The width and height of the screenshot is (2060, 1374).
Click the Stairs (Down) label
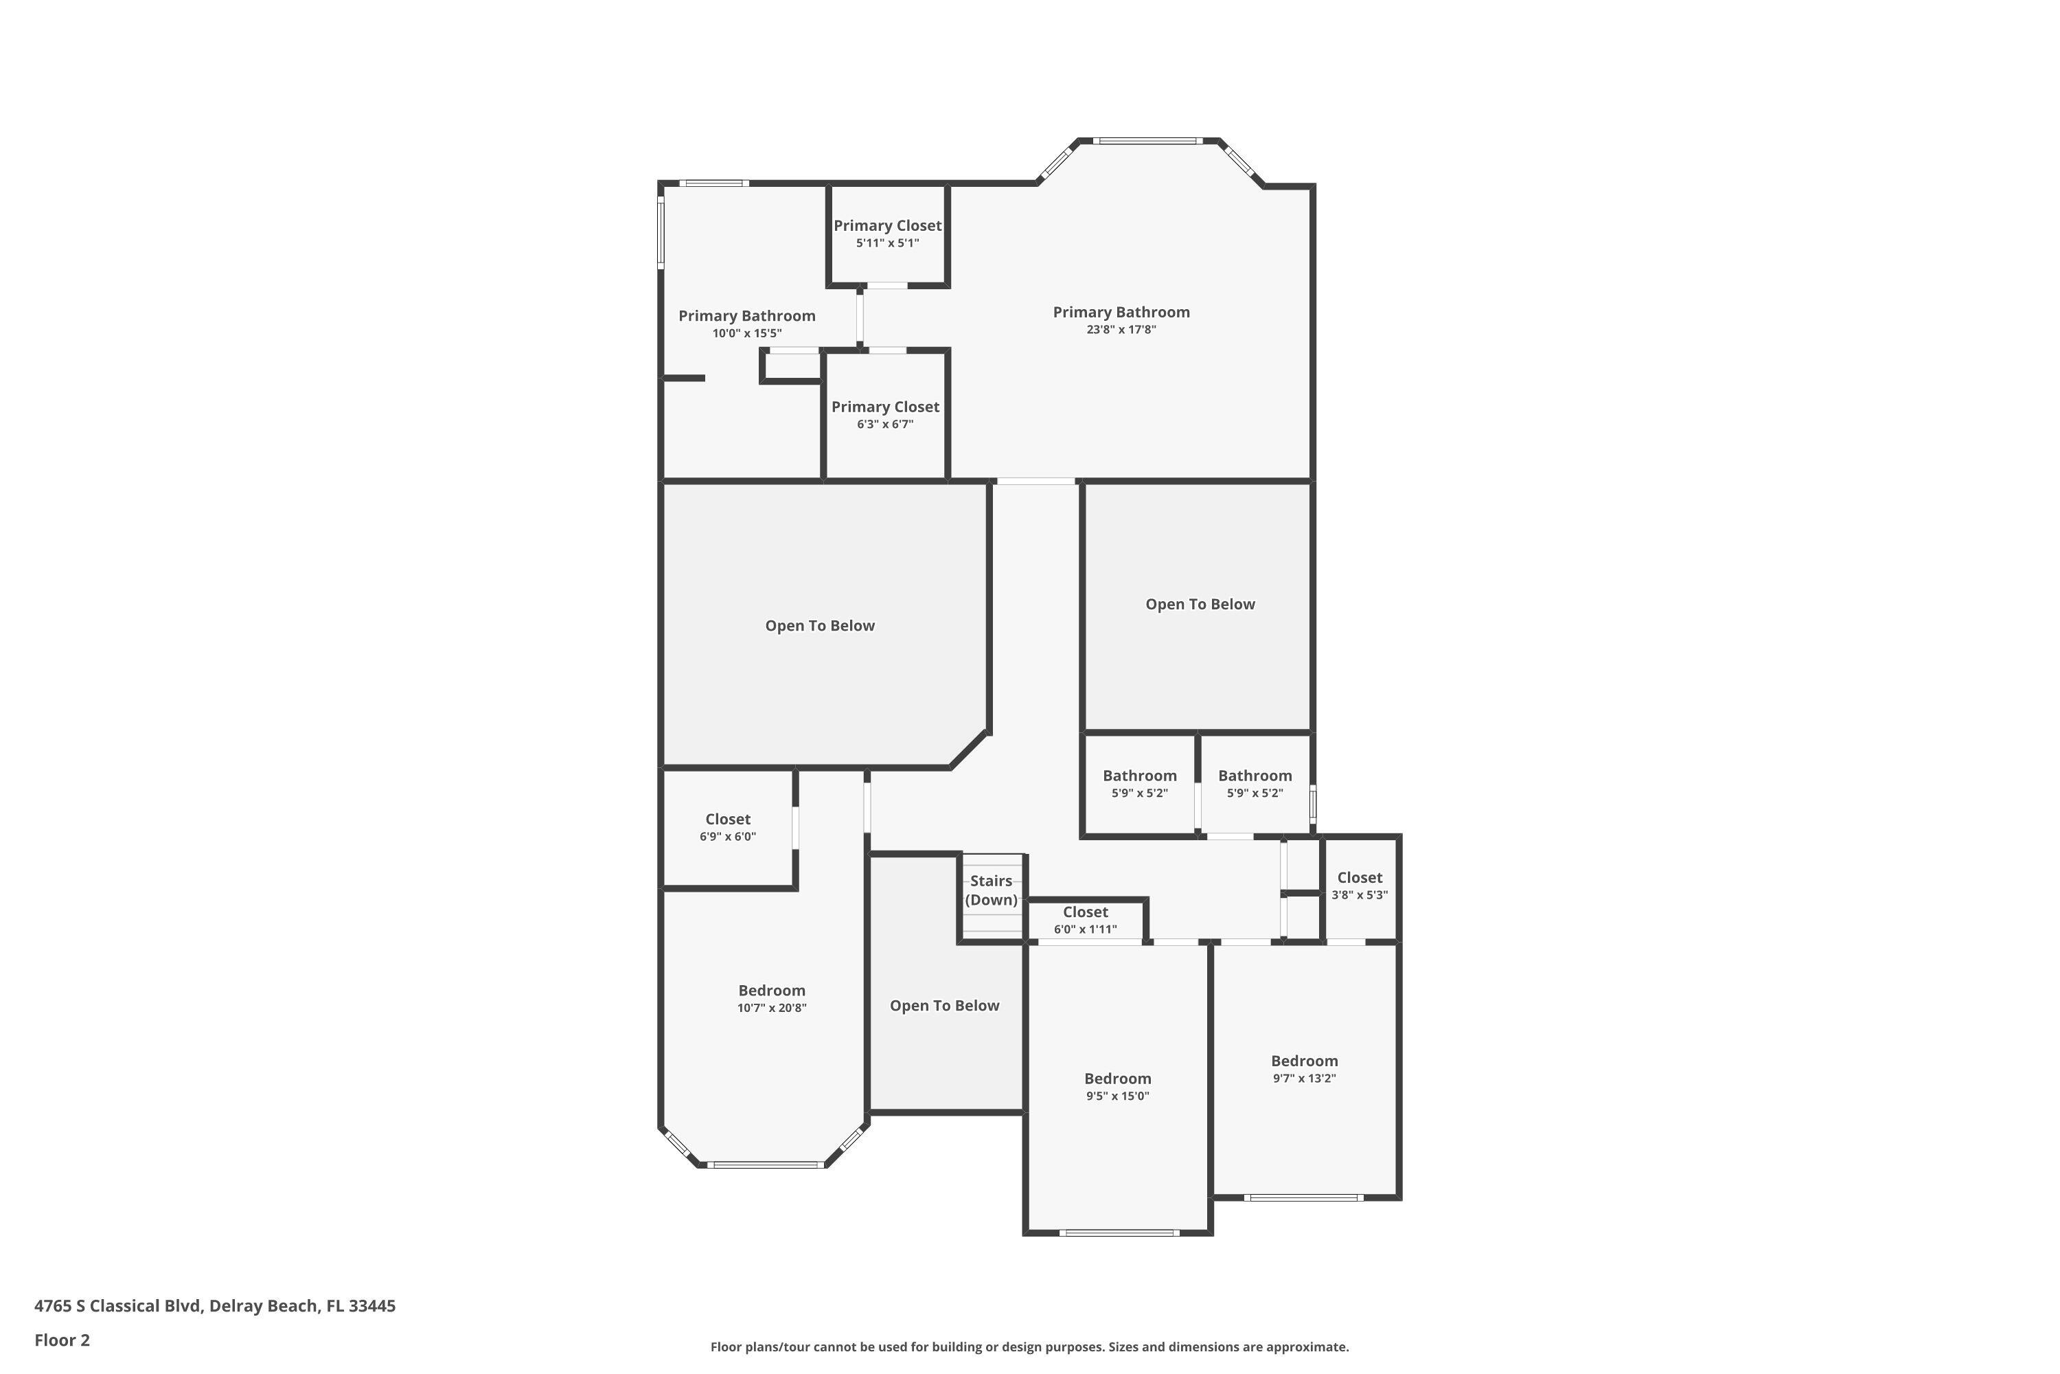tap(991, 890)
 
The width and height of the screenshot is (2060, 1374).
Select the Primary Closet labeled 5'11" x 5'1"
tap(887, 233)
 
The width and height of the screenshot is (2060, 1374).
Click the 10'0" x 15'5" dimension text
tap(746, 334)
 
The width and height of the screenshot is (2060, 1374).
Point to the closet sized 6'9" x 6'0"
tap(727, 827)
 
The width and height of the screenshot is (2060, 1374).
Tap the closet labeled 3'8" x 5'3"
tap(1360, 885)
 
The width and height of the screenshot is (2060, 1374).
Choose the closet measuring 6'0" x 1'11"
tap(1085, 920)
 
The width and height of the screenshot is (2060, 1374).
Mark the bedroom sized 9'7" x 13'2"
tap(1304, 1069)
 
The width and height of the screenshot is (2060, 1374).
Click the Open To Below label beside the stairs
tap(944, 1006)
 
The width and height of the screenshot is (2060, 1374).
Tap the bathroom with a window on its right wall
tap(1255, 783)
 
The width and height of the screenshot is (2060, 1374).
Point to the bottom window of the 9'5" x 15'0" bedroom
tap(1119, 1233)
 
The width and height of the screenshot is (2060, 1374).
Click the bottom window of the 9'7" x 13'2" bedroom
tap(1303, 1197)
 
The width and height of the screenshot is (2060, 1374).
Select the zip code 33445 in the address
tap(371, 1307)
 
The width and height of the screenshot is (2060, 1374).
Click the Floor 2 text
tap(62, 1340)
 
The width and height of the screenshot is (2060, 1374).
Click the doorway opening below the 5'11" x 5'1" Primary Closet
tap(887, 286)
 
